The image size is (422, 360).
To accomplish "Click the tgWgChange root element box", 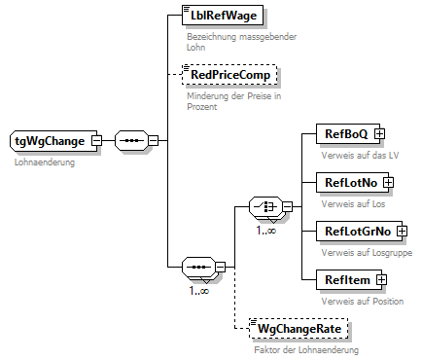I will coord(51,141).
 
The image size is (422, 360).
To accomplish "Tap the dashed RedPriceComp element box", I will coord(229,74).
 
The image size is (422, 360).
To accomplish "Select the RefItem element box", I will coord(338,279).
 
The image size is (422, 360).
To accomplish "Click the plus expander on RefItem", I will coord(380,280).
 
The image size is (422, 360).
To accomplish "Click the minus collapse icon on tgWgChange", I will coord(96,141).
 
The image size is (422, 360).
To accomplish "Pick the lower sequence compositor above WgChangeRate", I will coord(197,266).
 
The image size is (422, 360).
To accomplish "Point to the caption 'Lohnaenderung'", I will coord(44,162).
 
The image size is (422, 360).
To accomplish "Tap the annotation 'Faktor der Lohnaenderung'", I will coord(306,349).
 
